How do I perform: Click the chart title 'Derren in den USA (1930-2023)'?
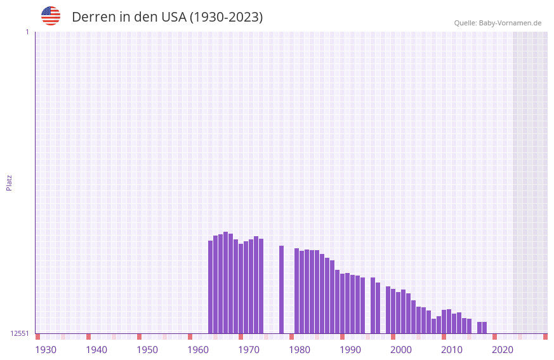click(x=167, y=17)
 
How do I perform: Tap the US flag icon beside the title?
click(x=51, y=16)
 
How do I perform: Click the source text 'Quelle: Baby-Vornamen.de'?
click(x=498, y=23)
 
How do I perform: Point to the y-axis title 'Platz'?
click(x=9, y=182)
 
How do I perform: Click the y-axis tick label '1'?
click(x=27, y=32)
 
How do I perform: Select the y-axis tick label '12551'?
click(x=20, y=333)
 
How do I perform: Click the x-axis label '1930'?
click(x=46, y=350)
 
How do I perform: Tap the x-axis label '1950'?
click(x=147, y=350)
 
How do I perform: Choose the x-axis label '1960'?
click(x=198, y=350)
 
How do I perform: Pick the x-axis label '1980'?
click(x=300, y=350)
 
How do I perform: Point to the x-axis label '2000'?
click(x=401, y=350)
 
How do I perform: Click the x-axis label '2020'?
click(x=503, y=350)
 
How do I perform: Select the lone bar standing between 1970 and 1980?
click(x=281, y=290)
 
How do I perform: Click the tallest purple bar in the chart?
click(x=225, y=283)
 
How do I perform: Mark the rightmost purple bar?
click(x=484, y=328)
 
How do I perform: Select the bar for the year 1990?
click(x=347, y=303)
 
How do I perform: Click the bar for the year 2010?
click(x=449, y=321)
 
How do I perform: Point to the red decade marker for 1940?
click(x=88, y=337)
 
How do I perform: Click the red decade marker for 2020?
click(x=494, y=337)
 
